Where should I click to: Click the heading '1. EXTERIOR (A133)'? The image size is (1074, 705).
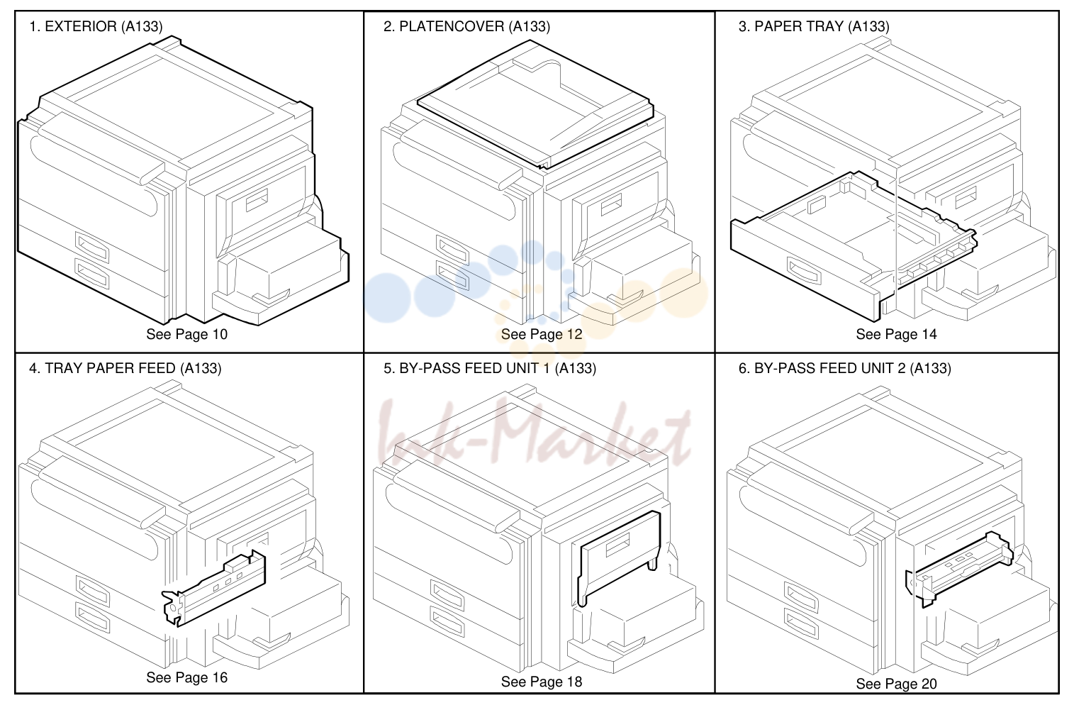point(96,26)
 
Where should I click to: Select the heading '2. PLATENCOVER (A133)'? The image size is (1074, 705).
point(466,26)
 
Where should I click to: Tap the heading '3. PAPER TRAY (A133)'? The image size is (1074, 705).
point(814,26)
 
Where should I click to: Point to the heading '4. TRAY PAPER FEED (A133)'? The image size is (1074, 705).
point(125,368)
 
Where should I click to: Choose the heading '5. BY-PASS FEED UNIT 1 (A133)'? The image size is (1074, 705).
point(490,368)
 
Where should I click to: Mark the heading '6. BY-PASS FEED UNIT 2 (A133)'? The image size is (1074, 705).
point(844,368)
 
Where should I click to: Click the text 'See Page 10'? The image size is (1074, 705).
point(186,334)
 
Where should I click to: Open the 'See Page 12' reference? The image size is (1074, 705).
point(542,334)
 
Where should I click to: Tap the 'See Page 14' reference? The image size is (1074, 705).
point(896,334)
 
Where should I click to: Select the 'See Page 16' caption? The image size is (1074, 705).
point(186,677)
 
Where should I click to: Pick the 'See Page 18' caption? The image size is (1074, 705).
point(542,682)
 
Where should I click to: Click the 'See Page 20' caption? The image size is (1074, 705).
point(896,684)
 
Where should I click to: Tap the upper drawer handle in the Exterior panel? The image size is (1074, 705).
point(91,247)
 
